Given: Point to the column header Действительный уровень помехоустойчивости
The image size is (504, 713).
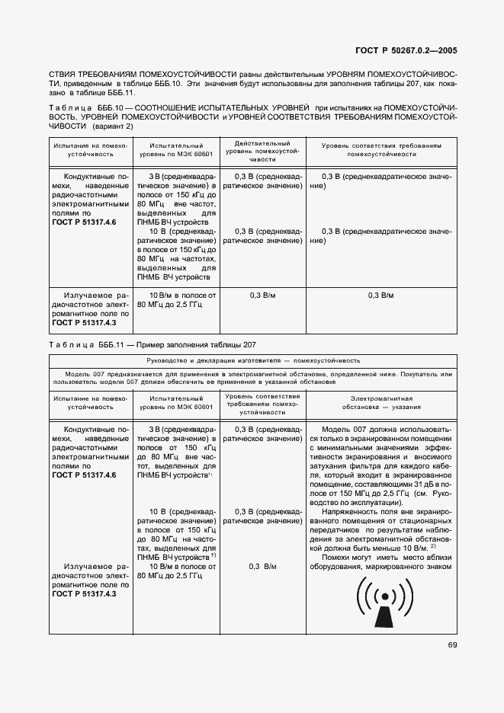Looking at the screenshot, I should pos(262,152).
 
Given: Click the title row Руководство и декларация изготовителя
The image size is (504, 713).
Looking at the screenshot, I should pos(253,360).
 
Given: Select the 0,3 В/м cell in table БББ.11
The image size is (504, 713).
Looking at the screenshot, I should pos(262,566).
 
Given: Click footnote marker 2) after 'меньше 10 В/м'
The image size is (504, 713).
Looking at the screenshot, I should pos(432,546).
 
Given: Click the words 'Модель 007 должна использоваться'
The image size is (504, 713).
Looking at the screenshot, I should pos(383,429).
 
